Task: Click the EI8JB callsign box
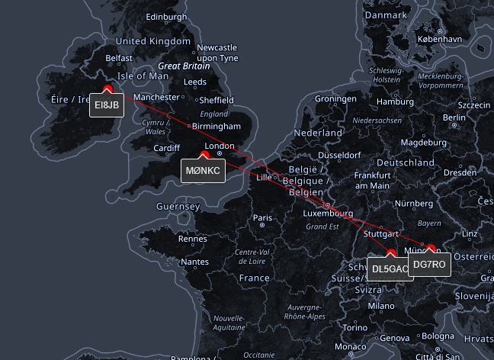pyautogui.click(x=107, y=105)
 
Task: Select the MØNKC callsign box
pyautogui.click(x=203, y=170)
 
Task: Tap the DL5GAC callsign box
pyautogui.click(x=390, y=268)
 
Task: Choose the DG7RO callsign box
pyautogui.click(x=430, y=265)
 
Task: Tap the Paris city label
pyautogui.click(x=262, y=218)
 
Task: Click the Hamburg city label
pyautogui.click(x=396, y=101)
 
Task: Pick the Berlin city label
pyautogui.click(x=454, y=117)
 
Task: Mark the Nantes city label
pyautogui.click(x=195, y=262)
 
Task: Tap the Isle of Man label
pyautogui.click(x=143, y=76)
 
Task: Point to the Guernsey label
pyautogui.click(x=178, y=207)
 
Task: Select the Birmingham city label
pyautogui.click(x=216, y=126)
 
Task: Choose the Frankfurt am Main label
pyautogui.click(x=372, y=180)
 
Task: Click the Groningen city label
pyautogui.click(x=335, y=99)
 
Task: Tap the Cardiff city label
pyautogui.click(x=167, y=148)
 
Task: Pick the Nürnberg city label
pyautogui.click(x=414, y=204)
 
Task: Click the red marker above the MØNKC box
pyautogui.click(x=204, y=155)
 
